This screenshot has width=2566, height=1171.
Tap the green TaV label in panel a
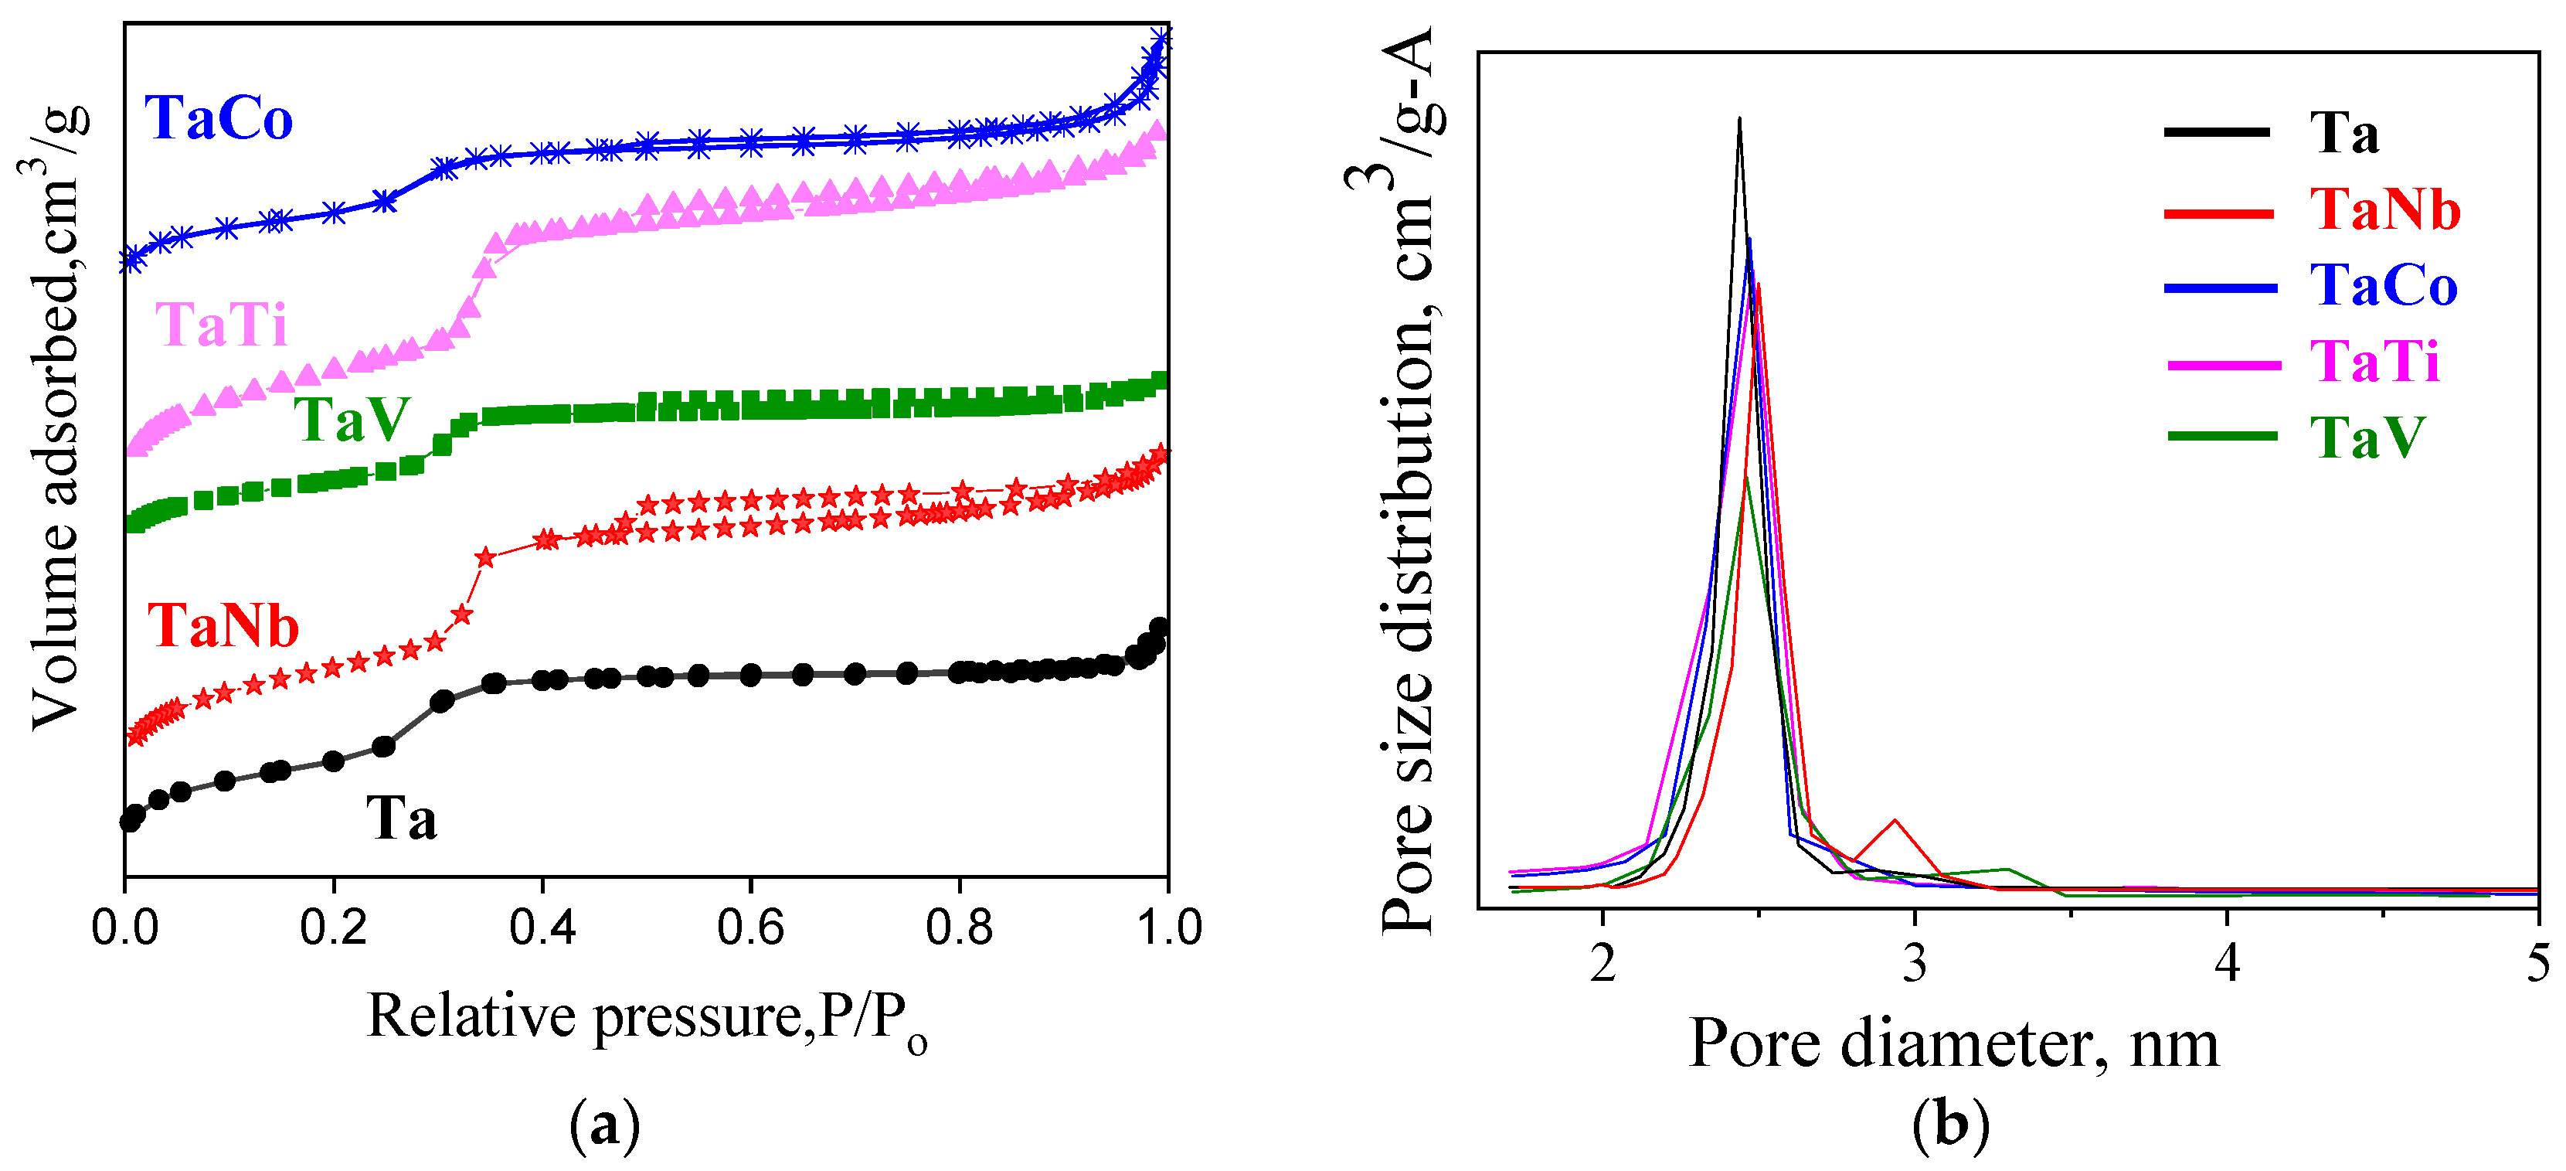(351, 420)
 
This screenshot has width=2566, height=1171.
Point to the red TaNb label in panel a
(223, 627)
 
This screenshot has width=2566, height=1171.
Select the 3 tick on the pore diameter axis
(1915, 965)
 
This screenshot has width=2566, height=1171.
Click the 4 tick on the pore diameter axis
(2228, 965)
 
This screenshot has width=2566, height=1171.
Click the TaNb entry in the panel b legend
(2384, 210)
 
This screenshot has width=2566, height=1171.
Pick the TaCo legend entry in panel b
(2383, 286)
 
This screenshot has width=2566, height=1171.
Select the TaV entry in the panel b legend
(2367, 437)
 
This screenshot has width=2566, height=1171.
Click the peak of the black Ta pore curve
(1739, 120)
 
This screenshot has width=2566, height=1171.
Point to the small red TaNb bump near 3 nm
(1895, 820)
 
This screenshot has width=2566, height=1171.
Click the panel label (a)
(603, 1127)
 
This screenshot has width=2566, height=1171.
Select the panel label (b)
(1950, 1127)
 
